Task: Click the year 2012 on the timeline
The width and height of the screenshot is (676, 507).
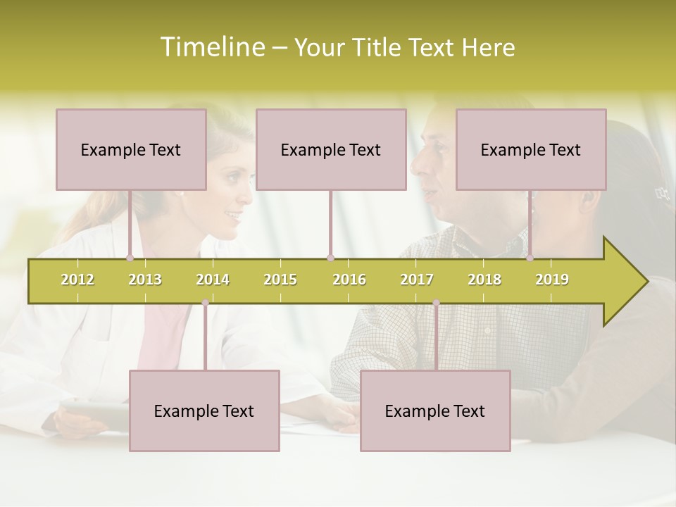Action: pyautogui.click(x=77, y=280)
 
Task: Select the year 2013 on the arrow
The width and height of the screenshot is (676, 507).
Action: pyautogui.click(x=145, y=280)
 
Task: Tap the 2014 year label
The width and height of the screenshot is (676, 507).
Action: pyautogui.click(x=213, y=280)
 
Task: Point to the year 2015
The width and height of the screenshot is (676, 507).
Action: pyautogui.click(x=280, y=280)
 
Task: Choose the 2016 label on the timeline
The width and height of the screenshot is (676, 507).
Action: pyautogui.click(x=349, y=280)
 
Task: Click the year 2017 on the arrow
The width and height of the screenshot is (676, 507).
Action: pyautogui.click(x=417, y=280)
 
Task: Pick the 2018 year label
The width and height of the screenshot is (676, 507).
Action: pyautogui.click(x=484, y=280)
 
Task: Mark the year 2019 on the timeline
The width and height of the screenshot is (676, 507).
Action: pyautogui.click(x=552, y=280)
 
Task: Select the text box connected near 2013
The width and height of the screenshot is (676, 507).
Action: pyautogui.click(x=131, y=149)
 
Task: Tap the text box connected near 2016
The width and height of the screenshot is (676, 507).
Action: pyautogui.click(x=331, y=149)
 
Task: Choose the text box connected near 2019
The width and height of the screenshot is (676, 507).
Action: pyautogui.click(x=531, y=149)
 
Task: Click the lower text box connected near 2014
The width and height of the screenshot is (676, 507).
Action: pyautogui.click(x=204, y=411)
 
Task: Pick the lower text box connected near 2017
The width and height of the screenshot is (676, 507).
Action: pyautogui.click(x=435, y=411)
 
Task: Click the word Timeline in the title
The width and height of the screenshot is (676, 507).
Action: pyautogui.click(x=211, y=47)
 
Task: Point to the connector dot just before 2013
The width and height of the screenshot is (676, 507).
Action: pyautogui.click(x=130, y=258)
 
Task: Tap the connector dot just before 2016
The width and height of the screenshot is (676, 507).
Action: pyautogui.click(x=330, y=258)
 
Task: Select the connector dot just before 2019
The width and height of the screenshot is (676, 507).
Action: pyautogui.click(x=530, y=258)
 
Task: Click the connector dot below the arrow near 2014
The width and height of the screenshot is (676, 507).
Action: pyautogui.click(x=205, y=303)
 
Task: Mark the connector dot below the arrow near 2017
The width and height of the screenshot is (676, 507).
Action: pyautogui.click(x=436, y=303)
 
